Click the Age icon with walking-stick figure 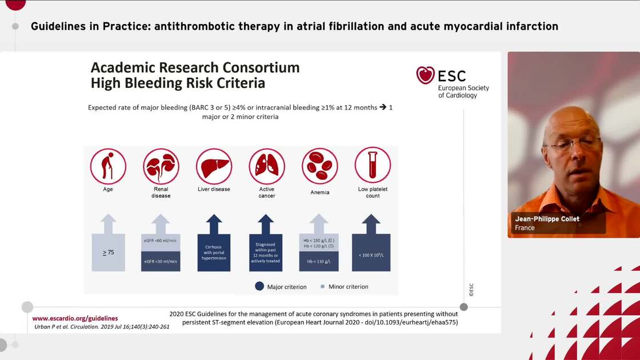[x=108, y=166]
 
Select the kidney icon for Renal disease [x=161, y=166]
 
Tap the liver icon [x=214, y=166]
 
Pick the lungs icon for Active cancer [x=267, y=166]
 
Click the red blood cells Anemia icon [x=319, y=166]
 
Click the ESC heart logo [x=426, y=75]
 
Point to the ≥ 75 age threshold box [x=108, y=252]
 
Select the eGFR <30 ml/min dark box [x=161, y=262]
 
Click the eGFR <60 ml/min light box [x=161, y=242]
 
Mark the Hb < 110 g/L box [x=319, y=262]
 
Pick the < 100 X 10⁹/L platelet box [x=371, y=253]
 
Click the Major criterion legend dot [x=259, y=286]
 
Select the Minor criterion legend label [x=348, y=287]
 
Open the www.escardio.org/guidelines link [x=75, y=318]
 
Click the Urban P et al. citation [x=102, y=327]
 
